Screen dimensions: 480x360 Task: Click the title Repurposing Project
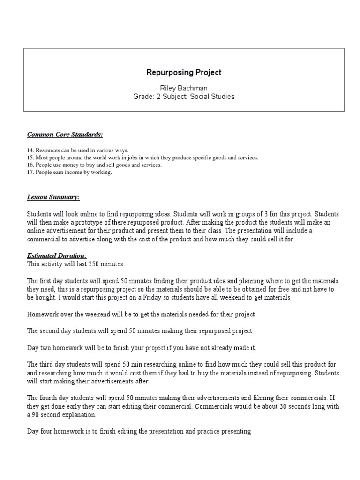tap(184, 73)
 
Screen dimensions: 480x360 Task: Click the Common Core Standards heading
tap(65, 135)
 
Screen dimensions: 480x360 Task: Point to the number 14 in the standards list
tap(30, 150)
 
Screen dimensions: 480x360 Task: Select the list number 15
tap(30, 157)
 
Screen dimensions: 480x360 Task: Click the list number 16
tap(30, 165)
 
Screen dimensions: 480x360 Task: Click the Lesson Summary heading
tap(53, 197)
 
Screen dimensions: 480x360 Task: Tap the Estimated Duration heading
tap(57, 256)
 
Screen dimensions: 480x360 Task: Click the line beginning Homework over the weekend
tap(141, 314)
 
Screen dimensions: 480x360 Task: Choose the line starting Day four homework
tap(139, 432)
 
